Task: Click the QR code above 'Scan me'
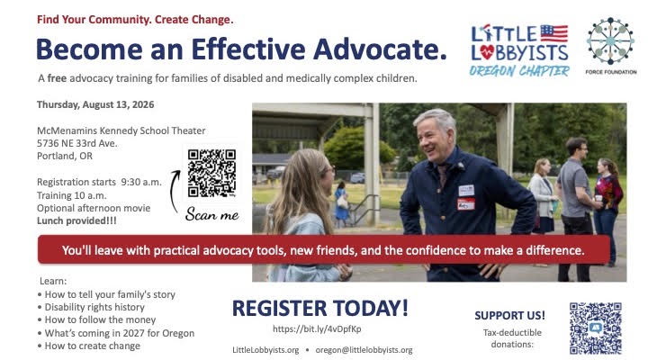coord(211,173)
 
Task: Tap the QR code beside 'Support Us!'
coord(596,328)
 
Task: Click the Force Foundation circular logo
coord(610,40)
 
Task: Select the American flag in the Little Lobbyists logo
coord(554,33)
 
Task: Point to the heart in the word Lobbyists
coord(488,52)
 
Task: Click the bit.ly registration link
coord(317,329)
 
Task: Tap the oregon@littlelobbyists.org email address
coord(364,350)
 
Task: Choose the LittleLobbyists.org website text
coord(265,350)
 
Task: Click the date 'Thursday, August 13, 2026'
coord(95,104)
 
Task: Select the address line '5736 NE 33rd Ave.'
coord(77,143)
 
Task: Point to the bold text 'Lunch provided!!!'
coord(76,220)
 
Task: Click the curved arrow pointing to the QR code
coord(174,190)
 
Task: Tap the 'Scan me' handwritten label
coord(212,214)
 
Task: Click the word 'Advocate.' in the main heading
coord(380,49)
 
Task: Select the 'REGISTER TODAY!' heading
coord(320,309)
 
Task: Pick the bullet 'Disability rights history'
coord(94,307)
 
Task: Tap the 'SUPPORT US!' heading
coord(509,315)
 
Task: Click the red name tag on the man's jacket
coord(466,203)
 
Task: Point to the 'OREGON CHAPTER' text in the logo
coord(519,71)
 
